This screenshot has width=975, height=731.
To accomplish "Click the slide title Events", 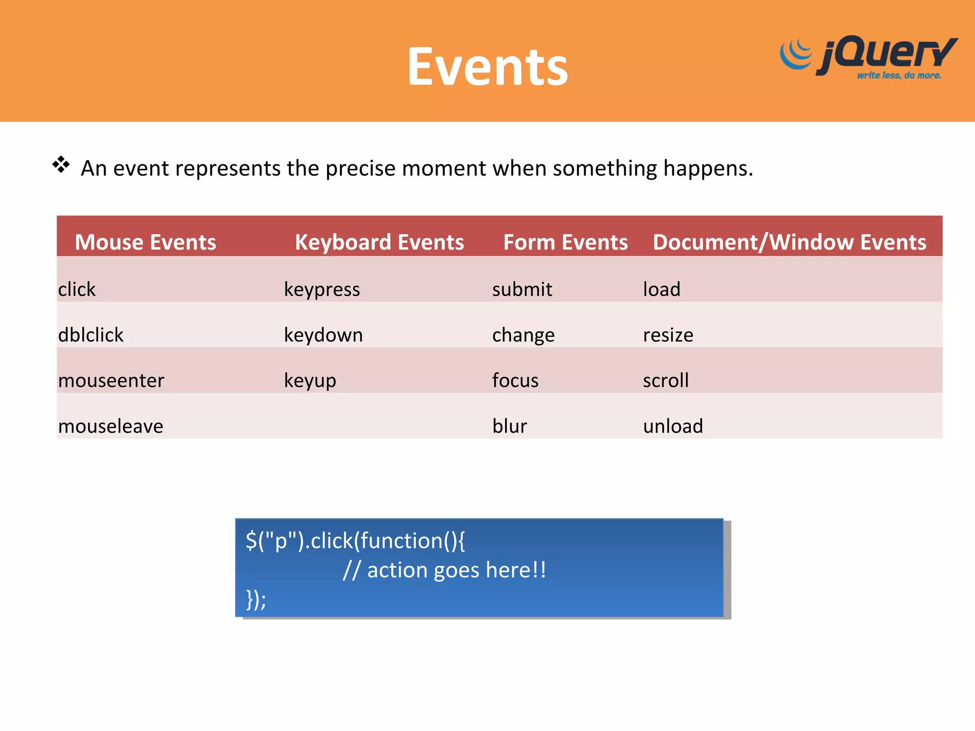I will (x=487, y=67).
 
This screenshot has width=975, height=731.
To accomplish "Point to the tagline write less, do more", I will (x=899, y=75).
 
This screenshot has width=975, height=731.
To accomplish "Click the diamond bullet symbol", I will (x=61, y=165).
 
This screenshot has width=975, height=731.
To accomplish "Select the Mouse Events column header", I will (x=145, y=242).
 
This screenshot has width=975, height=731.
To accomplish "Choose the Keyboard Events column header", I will (x=379, y=242).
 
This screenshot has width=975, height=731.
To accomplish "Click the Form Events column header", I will (x=565, y=242).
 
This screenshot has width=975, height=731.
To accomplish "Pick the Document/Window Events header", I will (x=789, y=242).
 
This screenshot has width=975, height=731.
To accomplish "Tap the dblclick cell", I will (x=90, y=335).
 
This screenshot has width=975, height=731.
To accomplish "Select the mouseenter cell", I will (x=111, y=381).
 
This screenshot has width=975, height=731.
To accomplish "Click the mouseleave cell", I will (x=110, y=426).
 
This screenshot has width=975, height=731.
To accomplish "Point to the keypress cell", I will (x=322, y=289).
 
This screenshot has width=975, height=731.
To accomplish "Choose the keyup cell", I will (x=310, y=381).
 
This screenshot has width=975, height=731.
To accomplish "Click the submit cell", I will (x=522, y=289).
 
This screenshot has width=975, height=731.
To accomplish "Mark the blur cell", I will (x=509, y=426).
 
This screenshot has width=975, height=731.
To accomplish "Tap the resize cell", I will (x=668, y=335).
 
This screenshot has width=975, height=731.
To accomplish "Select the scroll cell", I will (x=666, y=381).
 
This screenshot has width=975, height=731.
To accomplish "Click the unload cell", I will (x=673, y=426).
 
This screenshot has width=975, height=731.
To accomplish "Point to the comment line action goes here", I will (x=444, y=570).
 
